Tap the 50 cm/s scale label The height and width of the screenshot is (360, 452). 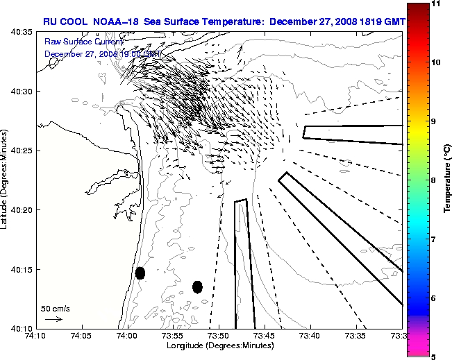pos(55,308)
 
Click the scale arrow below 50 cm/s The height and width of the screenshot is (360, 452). pos(53,319)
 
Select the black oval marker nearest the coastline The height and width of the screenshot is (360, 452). pos(140,273)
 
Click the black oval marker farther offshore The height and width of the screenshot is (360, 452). pos(197,286)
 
